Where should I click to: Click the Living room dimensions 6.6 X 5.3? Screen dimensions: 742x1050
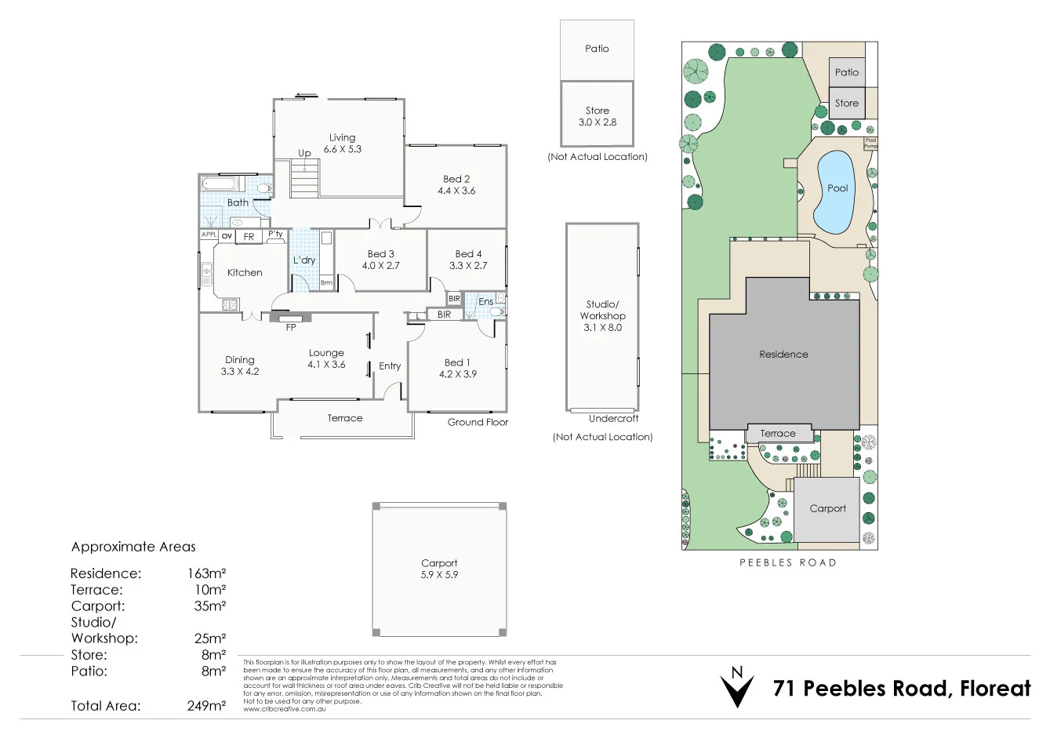point(342,149)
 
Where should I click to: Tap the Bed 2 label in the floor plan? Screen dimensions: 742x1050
point(456,179)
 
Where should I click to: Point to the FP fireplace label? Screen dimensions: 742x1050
point(291,328)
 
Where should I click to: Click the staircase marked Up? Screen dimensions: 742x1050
point(305,178)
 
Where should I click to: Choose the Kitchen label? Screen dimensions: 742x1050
point(245,273)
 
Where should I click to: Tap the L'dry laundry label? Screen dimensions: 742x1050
point(304,260)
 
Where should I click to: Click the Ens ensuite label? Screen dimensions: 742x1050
point(485,302)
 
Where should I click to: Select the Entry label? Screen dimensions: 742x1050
point(390,366)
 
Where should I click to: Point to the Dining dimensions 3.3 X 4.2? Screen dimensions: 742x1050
point(240,372)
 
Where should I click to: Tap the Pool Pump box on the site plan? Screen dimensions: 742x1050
point(870,144)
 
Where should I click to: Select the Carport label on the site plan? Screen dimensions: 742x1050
point(827,508)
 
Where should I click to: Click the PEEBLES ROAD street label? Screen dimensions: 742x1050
point(787,562)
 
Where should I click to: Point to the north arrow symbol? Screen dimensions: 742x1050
point(736,687)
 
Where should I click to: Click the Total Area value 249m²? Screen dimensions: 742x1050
point(206,706)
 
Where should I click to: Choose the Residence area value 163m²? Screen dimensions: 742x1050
point(206,573)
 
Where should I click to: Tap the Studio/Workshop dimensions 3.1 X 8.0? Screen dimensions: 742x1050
point(602,328)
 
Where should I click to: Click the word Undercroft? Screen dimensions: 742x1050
point(613,419)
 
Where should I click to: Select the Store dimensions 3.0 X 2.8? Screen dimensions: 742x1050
point(597,122)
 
